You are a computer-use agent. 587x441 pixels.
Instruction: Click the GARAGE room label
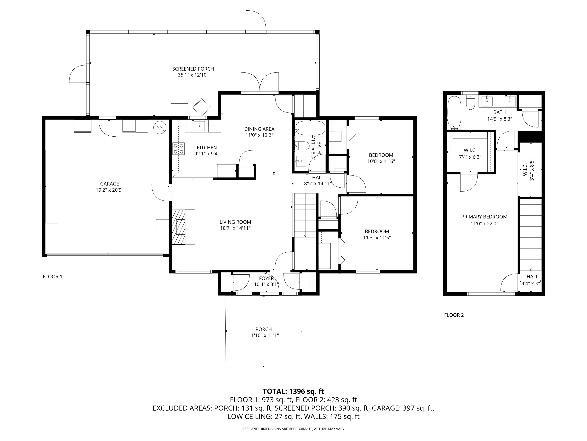pos(110,184)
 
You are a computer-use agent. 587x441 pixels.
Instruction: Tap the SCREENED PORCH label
pos(193,69)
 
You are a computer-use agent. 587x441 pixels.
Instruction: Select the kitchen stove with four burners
pos(179,149)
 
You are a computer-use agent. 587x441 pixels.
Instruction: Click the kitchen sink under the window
pos(199,126)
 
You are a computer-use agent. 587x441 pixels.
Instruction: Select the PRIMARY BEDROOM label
pos(484,217)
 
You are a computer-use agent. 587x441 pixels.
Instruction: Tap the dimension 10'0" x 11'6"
pos(381,161)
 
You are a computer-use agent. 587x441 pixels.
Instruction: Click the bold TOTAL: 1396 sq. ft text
pos(293,391)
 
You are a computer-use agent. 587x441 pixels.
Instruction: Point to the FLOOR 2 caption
pos(454,315)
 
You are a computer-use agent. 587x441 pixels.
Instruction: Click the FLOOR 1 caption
pos(53,276)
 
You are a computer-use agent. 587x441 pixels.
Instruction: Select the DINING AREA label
pos(259,129)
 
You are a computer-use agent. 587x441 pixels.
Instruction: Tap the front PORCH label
pos(264,329)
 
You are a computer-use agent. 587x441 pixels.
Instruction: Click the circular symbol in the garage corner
pos(160,128)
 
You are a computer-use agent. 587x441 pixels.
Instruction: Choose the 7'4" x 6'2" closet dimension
pos(470,157)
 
